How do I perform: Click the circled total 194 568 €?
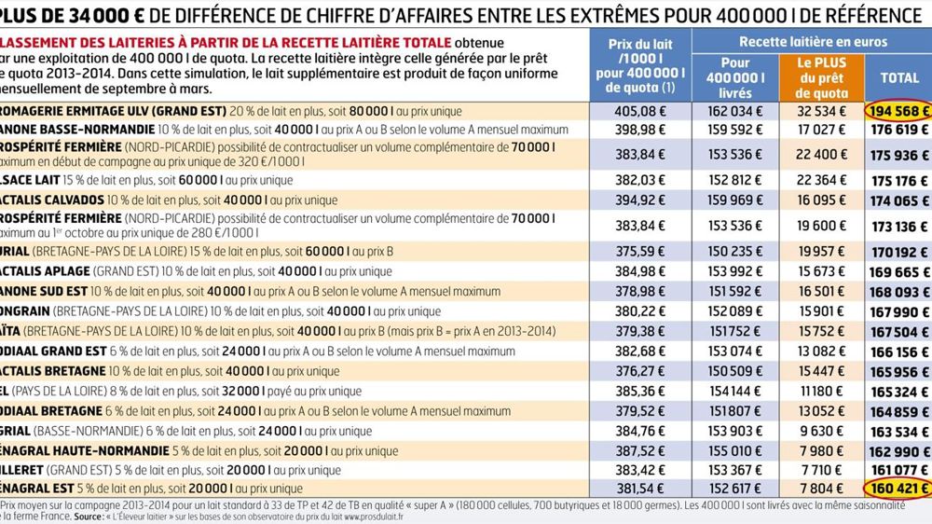[897, 110]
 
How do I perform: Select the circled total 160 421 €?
[897, 489]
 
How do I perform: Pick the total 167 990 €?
[897, 311]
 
